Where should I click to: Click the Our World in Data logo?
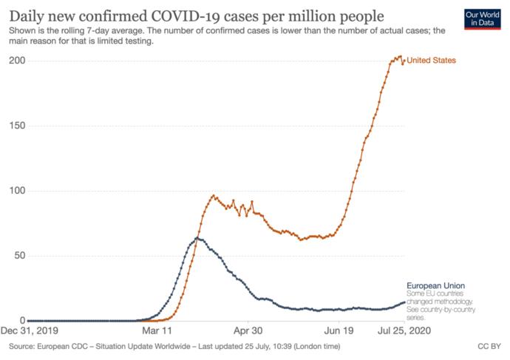(x=483, y=19)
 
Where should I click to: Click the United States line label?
(x=432, y=60)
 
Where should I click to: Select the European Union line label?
(x=436, y=285)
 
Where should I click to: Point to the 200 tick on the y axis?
(x=17, y=61)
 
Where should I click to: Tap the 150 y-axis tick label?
(x=17, y=126)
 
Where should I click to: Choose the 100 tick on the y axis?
(x=17, y=191)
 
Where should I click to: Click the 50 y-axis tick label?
(x=20, y=256)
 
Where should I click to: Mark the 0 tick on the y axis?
(x=22, y=320)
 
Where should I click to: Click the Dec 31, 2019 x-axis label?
(x=30, y=330)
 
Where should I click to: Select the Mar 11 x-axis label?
(x=157, y=330)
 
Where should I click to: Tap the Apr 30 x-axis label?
(x=248, y=330)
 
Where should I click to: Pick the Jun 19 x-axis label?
(x=339, y=330)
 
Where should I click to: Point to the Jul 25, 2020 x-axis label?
(x=404, y=330)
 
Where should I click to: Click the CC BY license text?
(x=489, y=347)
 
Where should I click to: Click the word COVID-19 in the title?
(x=186, y=16)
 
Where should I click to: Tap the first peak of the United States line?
(x=214, y=195)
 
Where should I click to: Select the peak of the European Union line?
(x=197, y=238)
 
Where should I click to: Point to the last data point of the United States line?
(x=404, y=60)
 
